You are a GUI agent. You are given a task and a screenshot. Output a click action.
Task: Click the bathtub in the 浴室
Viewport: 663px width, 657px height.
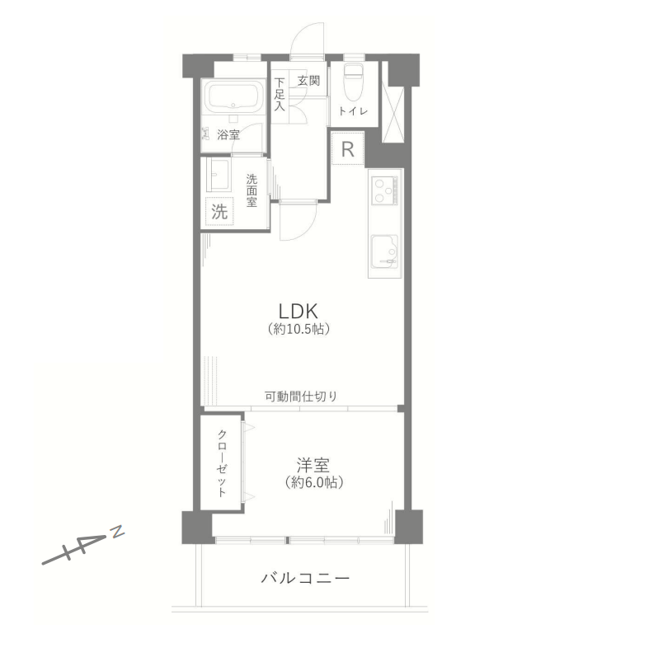click(231, 96)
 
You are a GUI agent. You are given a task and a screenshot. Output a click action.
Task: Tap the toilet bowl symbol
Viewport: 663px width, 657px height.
click(354, 81)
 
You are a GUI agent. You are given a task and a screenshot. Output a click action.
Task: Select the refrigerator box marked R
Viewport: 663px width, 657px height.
click(347, 148)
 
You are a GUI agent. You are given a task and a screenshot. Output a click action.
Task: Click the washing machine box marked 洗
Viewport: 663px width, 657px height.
click(219, 211)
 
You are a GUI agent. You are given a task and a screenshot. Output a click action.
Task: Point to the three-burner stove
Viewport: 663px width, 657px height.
click(384, 190)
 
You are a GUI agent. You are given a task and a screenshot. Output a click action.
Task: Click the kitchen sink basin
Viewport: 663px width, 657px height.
click(384, 251)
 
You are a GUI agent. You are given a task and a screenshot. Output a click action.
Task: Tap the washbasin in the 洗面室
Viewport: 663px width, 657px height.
click(218, 175)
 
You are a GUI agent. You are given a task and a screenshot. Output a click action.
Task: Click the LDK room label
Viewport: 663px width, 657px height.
click(298, 312)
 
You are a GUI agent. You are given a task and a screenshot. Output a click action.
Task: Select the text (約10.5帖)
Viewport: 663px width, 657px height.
click(299, 329)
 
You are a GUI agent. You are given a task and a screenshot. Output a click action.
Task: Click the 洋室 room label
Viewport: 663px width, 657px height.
click(313, 465)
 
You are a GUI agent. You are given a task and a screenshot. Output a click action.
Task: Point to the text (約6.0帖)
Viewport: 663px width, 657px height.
click(313, 482)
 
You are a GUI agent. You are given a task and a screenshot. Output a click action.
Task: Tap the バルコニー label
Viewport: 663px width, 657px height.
click(305, 578)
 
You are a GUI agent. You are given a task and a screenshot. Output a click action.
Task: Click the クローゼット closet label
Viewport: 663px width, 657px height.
click(222, 463)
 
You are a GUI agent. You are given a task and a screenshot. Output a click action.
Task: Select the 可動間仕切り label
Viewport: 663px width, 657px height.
click(301, 397)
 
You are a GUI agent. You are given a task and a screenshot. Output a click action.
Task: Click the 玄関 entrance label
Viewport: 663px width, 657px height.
click(308, 80)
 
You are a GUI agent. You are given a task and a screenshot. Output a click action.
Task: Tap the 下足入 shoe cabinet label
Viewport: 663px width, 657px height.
click(279, 94)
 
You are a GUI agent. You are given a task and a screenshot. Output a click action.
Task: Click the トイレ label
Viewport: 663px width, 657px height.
click(353, 111)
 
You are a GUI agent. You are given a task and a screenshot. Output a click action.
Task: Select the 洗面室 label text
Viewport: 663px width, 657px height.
click(252, 190)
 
